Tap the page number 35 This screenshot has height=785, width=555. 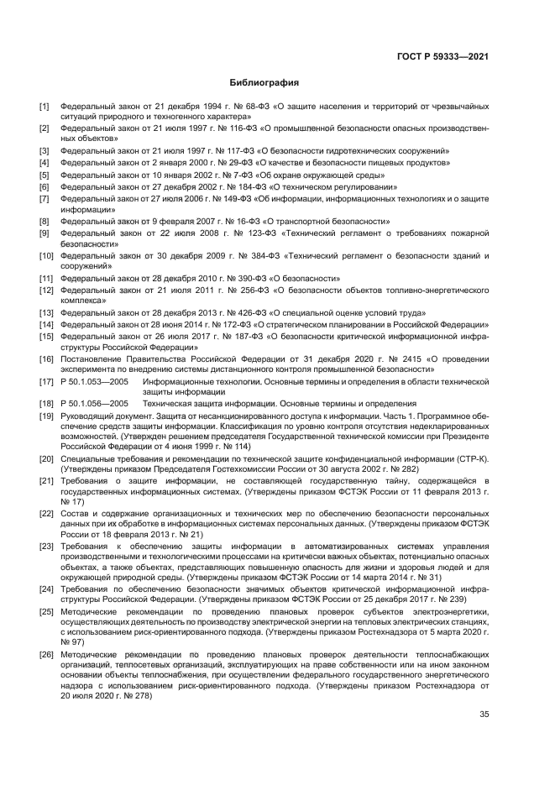click(x=484, y=714)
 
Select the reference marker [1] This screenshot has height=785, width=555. click(x=45, y=107)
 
